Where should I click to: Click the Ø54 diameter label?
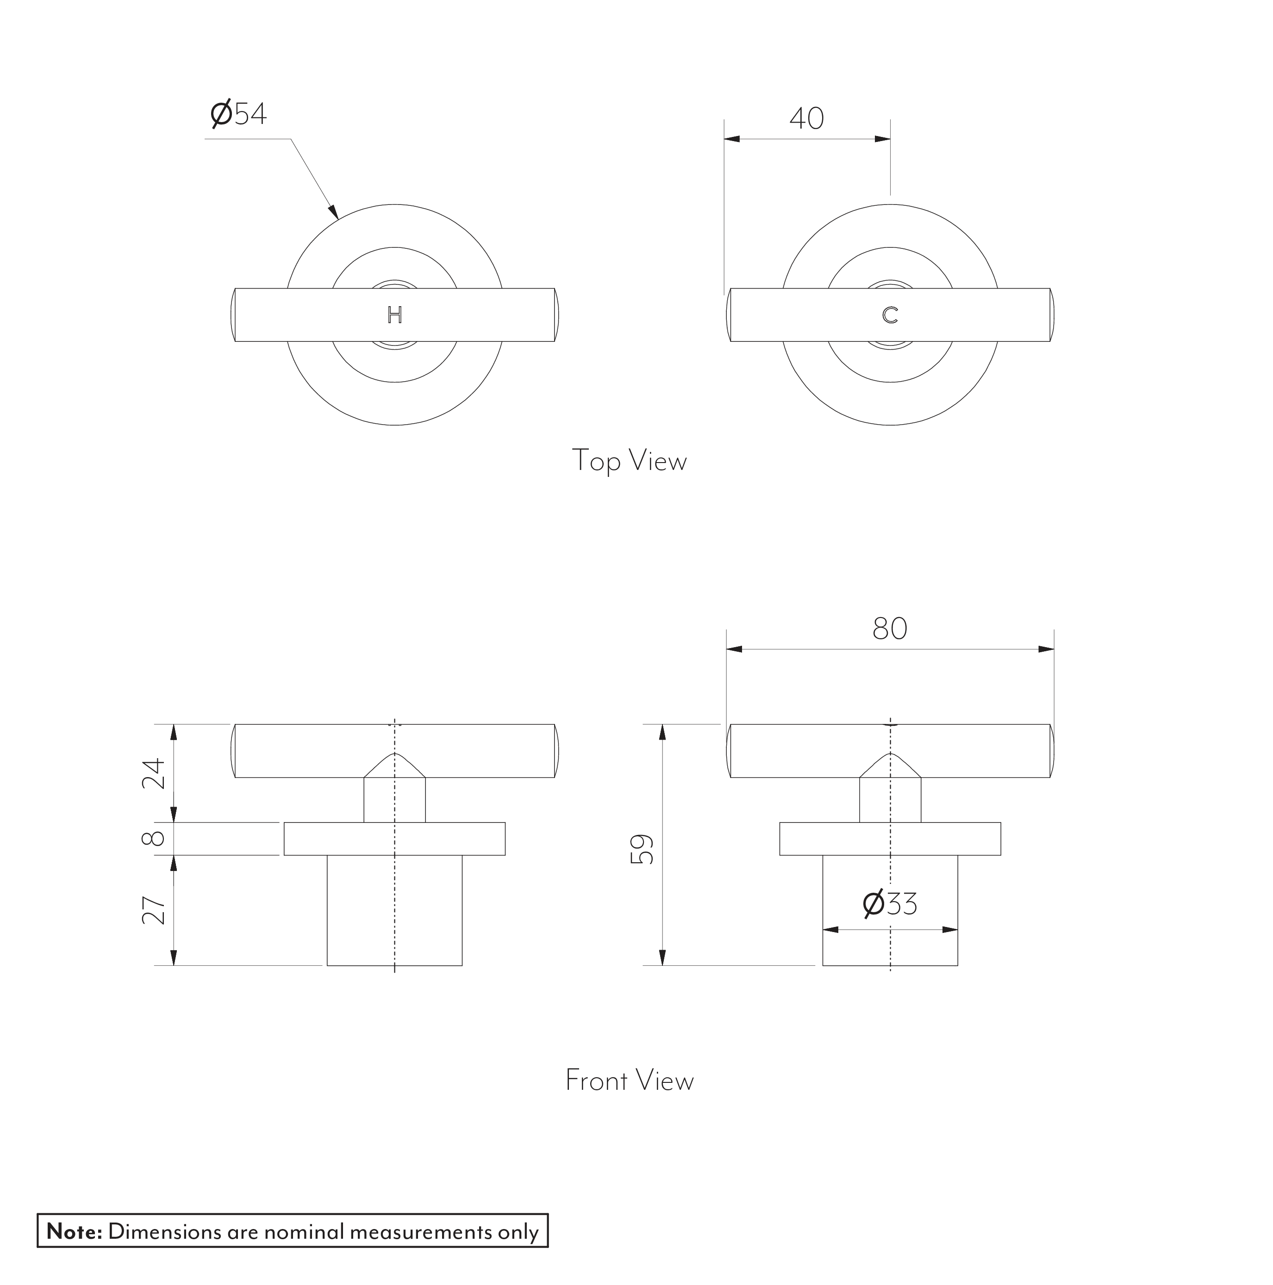coord(238,114)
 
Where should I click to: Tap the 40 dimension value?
coord(806,118)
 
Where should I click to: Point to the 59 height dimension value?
coord(642,849)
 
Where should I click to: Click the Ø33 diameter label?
coord(889,904)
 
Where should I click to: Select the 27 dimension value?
coord(154,910)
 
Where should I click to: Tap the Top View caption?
coord(629,460)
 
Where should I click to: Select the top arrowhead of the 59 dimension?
coord(662,732)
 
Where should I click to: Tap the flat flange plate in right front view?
coord(890,839)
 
